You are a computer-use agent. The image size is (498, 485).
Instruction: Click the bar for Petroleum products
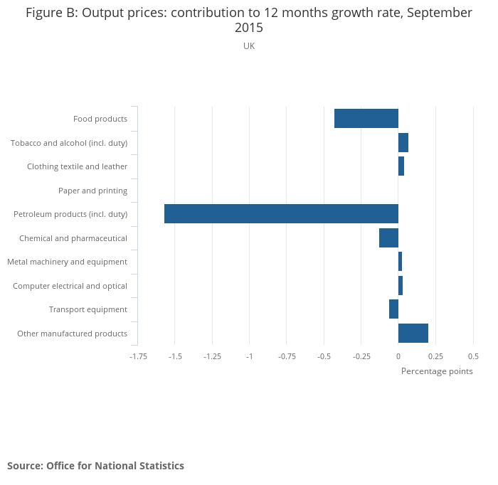point(281,214)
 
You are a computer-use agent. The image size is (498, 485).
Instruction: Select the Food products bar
point(366,119)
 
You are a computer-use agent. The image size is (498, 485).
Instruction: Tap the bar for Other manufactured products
point(413,333)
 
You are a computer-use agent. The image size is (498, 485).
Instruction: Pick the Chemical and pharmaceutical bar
point(388,238)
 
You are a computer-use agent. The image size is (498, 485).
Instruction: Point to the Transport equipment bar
point(393,309)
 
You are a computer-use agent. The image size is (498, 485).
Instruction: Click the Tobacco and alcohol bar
point(403,142)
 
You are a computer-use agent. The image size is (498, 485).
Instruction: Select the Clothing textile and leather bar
point(401,166)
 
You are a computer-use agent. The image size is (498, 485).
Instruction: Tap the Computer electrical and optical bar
point(401,285)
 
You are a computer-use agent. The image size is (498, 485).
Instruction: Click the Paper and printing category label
point(92,191)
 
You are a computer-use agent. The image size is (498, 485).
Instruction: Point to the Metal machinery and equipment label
point(67,262)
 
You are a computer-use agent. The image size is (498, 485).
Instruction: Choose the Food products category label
point(100,119)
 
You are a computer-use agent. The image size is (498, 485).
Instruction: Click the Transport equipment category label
point(88,309)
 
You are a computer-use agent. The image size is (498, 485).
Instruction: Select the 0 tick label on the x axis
point(398,356)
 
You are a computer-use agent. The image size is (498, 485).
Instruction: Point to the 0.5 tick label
point(473,356)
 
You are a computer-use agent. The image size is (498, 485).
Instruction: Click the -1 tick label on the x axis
point(249,356)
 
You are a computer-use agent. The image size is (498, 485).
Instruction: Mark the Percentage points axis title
point(437,371)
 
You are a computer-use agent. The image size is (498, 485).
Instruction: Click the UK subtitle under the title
point(249,46)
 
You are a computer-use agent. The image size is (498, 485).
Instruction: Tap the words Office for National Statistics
point(115,466)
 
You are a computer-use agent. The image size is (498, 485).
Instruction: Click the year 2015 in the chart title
point(249,28)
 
